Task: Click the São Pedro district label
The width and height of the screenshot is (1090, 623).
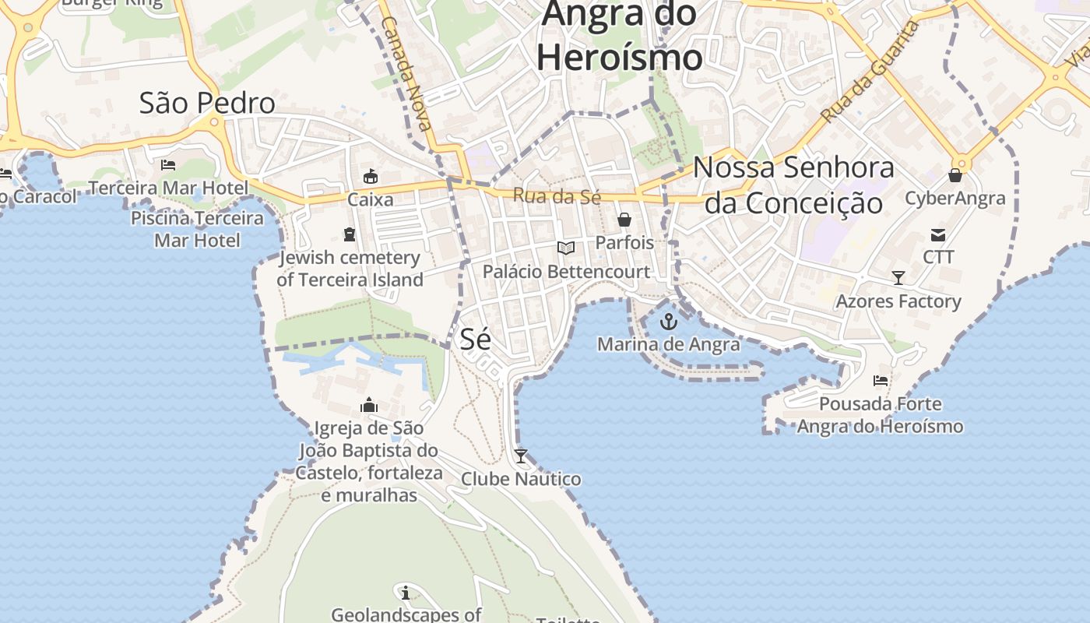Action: click(x=207, y=103)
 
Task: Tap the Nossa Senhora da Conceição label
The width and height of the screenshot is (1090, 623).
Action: click(x=793, y=185)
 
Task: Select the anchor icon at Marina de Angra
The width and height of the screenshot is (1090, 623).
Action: click(x=669, y=321)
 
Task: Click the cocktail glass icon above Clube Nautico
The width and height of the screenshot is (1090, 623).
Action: click(x=521, y=456)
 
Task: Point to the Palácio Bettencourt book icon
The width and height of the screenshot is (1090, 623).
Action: click(x=566, y=248)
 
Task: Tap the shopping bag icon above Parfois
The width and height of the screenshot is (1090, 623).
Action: click(x=624, y=220)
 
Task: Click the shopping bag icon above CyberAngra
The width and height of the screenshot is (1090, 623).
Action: click(x=955, y=176)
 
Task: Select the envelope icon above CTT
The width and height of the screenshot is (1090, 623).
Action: click(x=938, y=234)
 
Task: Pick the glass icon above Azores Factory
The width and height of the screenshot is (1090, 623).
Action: click(x=898, y=278)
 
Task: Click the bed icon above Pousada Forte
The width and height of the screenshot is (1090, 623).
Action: click(x=881, y=381)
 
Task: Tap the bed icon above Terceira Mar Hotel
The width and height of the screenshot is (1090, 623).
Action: click(x=168, y=165)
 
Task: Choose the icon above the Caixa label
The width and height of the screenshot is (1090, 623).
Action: click(x=371, y=177)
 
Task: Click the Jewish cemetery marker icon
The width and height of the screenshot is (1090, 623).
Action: click(x=350, y=234)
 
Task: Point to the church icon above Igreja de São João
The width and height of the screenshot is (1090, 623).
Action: click(x=369, y=405)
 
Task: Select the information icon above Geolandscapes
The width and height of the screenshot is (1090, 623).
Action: click(x=405, y=592)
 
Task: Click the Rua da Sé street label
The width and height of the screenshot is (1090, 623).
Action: click(x=557, y=196)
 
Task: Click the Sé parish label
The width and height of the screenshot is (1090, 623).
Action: click(x=476, y=339)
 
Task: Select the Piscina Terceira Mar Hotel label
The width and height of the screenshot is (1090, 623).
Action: click(x=197, y=229)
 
